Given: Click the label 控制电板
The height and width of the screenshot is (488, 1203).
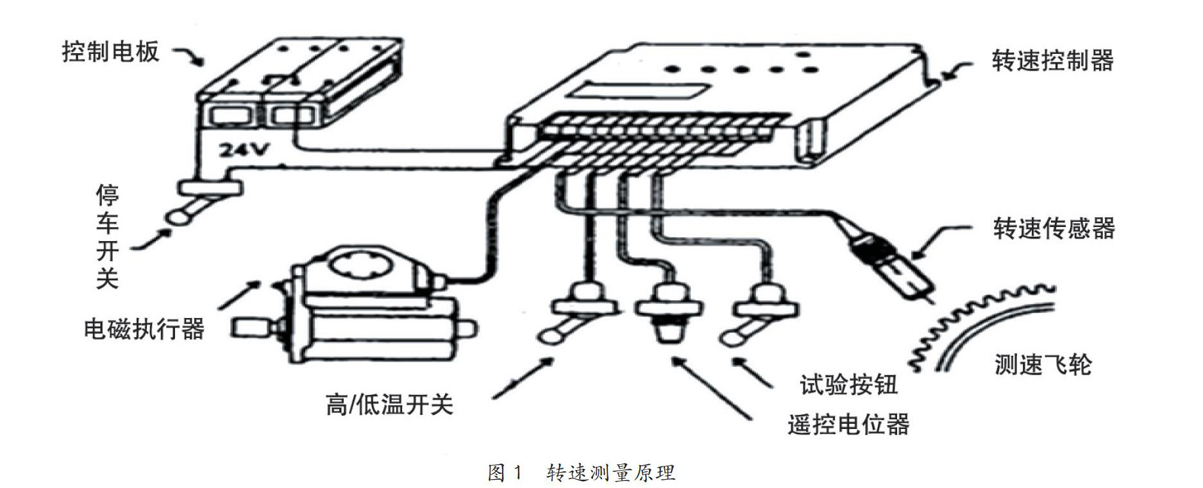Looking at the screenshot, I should (110, 52).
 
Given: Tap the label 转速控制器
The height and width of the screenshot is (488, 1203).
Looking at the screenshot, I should (1052, 61).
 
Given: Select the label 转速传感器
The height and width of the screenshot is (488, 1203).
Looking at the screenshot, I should (1054, 228).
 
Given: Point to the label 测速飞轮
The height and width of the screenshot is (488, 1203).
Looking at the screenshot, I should (1043, 364).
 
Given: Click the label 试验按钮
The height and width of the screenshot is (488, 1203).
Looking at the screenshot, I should (848, 385).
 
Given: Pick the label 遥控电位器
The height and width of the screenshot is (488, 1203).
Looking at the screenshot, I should (848, 425).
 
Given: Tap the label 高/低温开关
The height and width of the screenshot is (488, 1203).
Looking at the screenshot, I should (389, 405).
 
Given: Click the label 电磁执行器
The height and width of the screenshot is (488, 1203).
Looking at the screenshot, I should (144, 329).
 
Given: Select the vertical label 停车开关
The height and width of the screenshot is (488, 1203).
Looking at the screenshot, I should (107, 237).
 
